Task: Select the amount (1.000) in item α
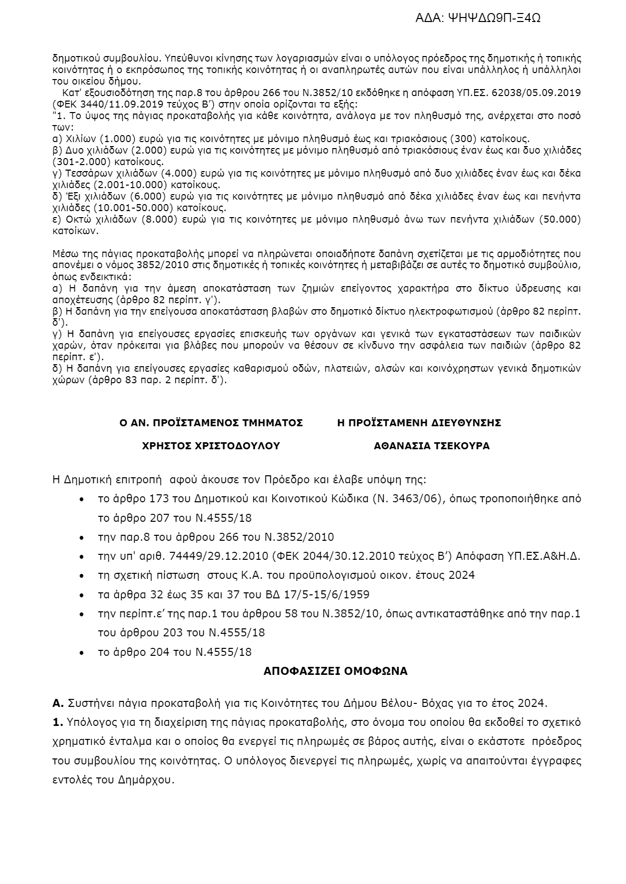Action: [x=107, y=139]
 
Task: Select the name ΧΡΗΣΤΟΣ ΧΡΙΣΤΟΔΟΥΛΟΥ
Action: [x=211, y=446]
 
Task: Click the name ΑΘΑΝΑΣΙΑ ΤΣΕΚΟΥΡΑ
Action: [x=432, y=446]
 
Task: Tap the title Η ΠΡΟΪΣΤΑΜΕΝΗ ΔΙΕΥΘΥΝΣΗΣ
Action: [x=419, y=423]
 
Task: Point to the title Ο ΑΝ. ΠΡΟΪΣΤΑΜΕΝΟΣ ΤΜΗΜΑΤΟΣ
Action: [x=211, y=423]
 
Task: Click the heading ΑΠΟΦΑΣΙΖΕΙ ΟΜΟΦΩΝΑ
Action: [x=336, y=671]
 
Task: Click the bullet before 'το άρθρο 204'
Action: [x=82, y=653]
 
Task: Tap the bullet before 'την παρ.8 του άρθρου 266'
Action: [x=82, y=538]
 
